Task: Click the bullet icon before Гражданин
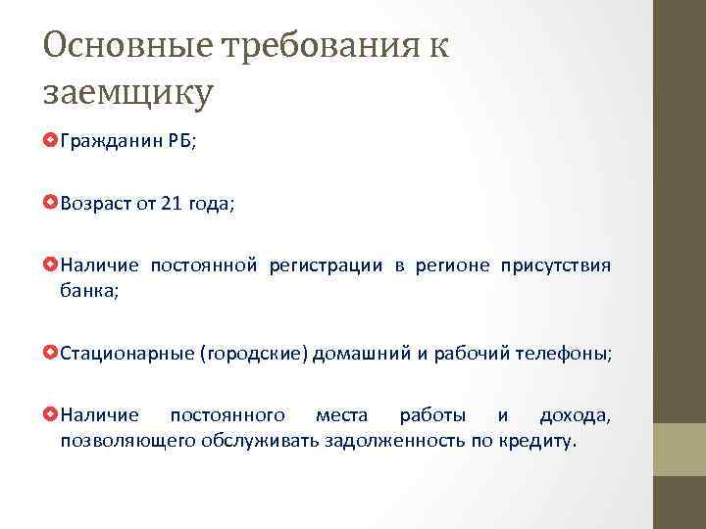click(51, 142)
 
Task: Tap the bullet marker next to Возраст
click(51, 204)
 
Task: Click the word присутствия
click(555, 265)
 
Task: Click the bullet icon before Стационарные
click(51, 352)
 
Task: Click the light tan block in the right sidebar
click(680, 449)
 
